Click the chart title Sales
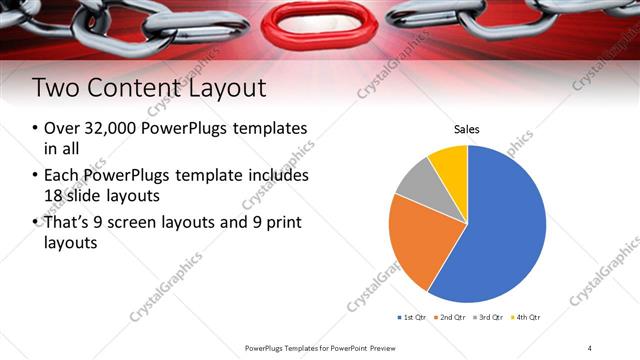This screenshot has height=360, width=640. (467, 129)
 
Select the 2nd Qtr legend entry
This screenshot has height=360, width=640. (452, 317)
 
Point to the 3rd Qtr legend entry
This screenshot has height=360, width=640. (489, 317)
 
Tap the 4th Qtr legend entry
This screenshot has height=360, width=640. (526, 317)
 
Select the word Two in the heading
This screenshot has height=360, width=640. (54, 88)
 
